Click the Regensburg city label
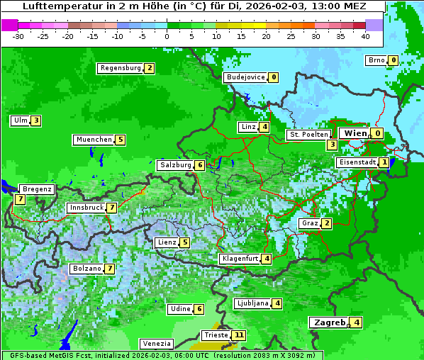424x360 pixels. [x=121, y=68]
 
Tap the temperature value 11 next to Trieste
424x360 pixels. [x=239, y=335]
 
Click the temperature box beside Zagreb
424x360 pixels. [x=357, y=323]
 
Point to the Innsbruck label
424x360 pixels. [x=86, y=208]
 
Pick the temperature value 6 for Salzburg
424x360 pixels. [x=200, y=165]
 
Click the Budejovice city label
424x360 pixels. [x=245, y=77]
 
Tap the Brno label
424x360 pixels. [x=376, y=60]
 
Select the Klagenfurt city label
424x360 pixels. [x=240, y=259]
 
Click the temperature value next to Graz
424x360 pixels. [x=326, y=223]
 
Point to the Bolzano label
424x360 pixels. [x=87, y=269]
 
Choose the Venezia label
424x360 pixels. [x=156, y=343]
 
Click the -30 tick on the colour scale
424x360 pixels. [x=18, y=35]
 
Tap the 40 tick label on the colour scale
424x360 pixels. [x=365, y=35]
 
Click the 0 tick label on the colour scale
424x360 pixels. [x=167, y=35]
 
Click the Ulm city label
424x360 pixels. [x=20, y=120]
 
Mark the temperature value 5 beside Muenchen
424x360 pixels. [x=121, y=140]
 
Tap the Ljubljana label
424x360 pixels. [x=252, y=303]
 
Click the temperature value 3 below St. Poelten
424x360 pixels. [x=331, y=145]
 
